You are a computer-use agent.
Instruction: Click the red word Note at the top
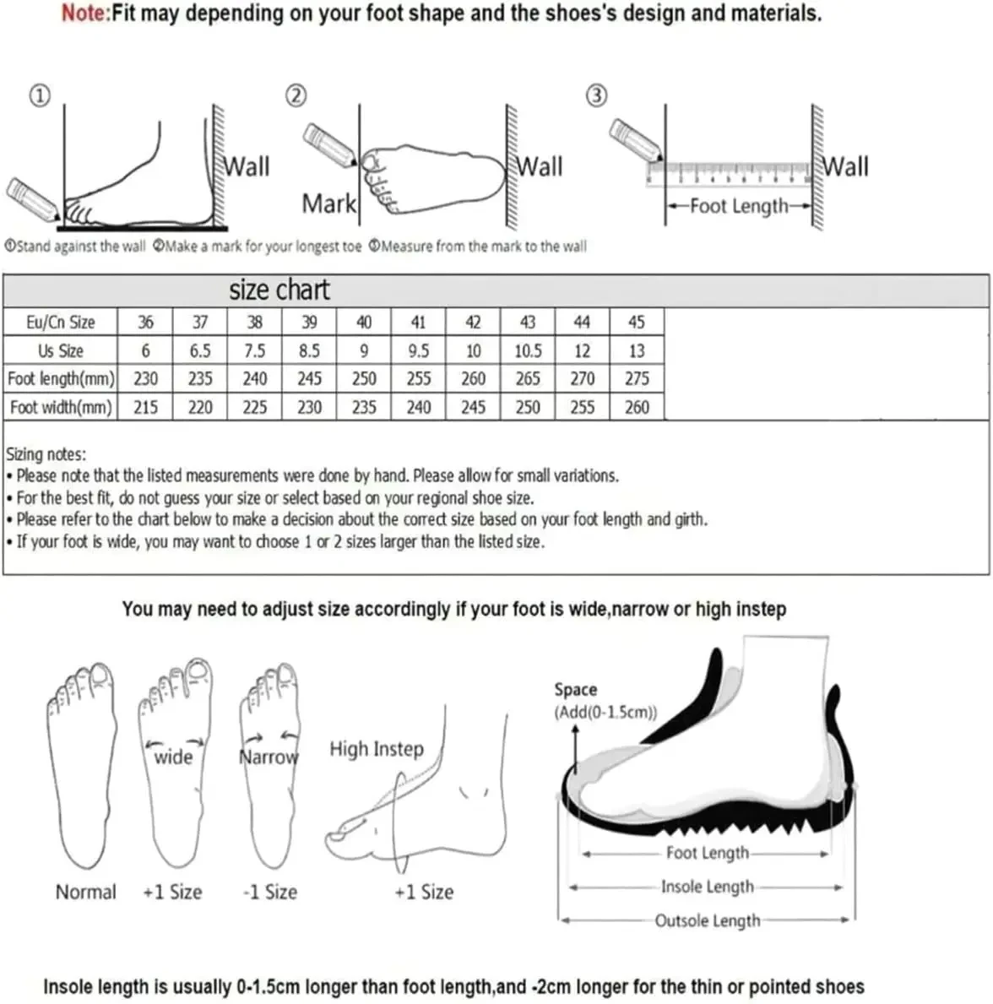(85, 13)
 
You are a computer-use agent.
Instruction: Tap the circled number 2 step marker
(296, 95)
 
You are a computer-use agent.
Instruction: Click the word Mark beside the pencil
(329, 204)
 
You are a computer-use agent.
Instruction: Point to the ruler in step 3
(729, 174)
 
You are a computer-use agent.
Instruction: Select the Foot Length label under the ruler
(739, 206)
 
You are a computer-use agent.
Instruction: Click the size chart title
(279, 290)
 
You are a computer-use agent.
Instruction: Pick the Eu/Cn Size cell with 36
(145, 322)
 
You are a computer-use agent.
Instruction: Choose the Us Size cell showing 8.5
(309, 351)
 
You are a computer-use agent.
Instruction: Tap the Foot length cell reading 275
(637, 378)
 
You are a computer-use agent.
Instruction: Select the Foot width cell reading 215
(145, 407)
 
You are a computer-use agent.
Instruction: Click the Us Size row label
(61, 351)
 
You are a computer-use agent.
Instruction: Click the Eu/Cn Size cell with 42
(473, 322)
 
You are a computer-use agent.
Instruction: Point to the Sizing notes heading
(46, 454)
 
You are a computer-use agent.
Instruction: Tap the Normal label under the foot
(86, 892)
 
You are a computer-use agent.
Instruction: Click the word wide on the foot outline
(173, 757)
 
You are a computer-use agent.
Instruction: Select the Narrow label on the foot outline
(269, 757)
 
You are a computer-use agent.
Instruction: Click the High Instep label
(377, 749)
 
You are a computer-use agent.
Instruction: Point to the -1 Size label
(270, 892)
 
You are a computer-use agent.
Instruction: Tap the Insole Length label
(708, 887)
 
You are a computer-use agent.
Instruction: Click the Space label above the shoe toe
(576, 690)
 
